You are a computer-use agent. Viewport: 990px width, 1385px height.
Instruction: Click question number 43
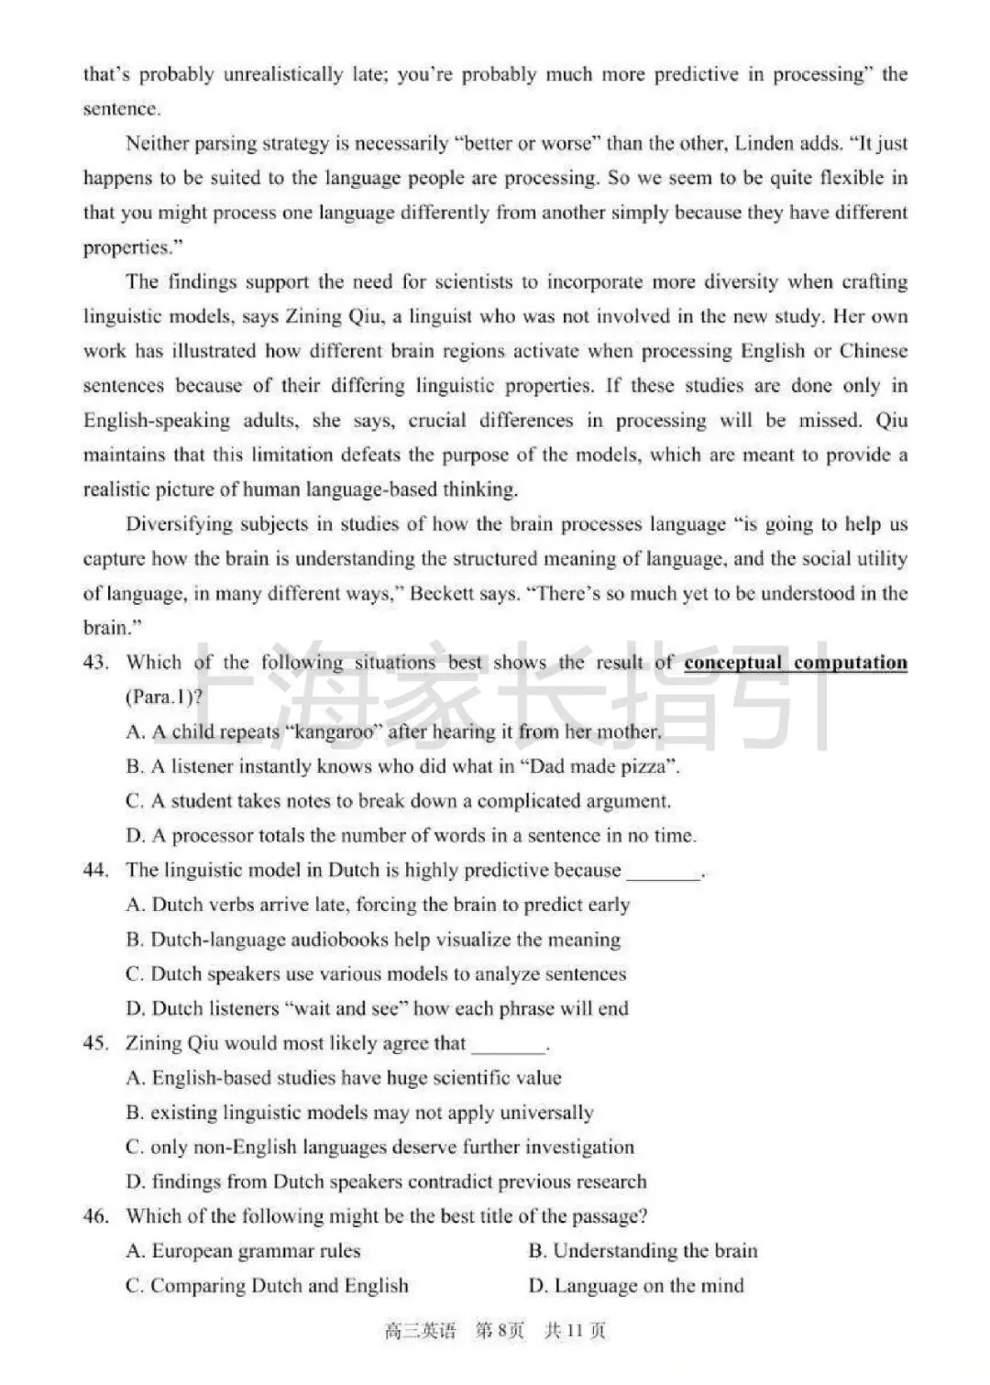tap(95, 663)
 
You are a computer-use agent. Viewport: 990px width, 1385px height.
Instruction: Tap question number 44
tap(95, 870)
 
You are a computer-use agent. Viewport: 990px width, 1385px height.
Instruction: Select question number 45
tap(95, 1043)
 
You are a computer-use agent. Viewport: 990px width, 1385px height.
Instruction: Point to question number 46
tap(95, 1216)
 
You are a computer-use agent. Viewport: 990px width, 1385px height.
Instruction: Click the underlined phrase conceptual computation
tap(795, 663)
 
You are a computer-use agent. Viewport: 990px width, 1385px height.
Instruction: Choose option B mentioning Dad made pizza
tap(402, 766)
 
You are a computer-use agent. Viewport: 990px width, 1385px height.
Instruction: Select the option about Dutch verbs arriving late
tap(378, 905)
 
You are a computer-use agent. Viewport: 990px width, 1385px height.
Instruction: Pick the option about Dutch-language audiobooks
tap(373, 940)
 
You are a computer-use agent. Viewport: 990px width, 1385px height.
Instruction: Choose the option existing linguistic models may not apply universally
tap(359, 1113)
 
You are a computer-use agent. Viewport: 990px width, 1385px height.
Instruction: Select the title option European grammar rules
tap(243, 1251)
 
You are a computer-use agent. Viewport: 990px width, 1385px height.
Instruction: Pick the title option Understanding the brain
tap(643, 1251)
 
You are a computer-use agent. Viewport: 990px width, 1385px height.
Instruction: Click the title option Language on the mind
tap(636, 1286)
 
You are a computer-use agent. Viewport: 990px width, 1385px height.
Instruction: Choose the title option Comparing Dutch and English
tap(267, 1286)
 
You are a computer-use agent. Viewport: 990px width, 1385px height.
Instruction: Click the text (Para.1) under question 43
tap(164, 698)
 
